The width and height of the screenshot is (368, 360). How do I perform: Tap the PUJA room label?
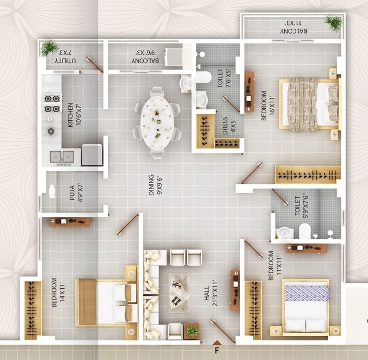pyautogui.click(x=76, y=193)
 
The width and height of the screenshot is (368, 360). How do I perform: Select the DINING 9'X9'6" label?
pyautogui.click(x=155, y=185)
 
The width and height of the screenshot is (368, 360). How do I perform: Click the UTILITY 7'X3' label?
pyautogui.click(x=65, y=57)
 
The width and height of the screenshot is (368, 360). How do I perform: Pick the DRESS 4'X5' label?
pyautogui.click(x=229, y=126)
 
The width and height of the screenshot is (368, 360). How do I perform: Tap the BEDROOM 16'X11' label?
pyautogui.click(x=268, y=105)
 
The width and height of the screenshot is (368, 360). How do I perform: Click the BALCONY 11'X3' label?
pyautogui.click(x=294, y=27)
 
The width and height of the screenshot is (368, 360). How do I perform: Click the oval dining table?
pyautogui.click(x=157, y=122)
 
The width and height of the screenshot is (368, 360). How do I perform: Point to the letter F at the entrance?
pyautogui.click(x=217, y=351)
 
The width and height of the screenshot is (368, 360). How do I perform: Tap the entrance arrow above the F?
pyautogui.click(x=217, y=343)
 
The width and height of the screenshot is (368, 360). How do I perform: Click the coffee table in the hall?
pyautogui.click(x=179, y=293)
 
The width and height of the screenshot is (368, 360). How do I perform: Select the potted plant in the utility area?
pyautogui.click(x=49, y=47)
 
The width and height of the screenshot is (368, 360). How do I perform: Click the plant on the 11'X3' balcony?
pyautogui.click(x=334, y=22)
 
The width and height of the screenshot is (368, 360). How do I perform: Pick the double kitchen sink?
pyautogui.click(x=62, y=157)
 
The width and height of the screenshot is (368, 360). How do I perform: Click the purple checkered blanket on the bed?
pyautogui.click(x=306, y=293)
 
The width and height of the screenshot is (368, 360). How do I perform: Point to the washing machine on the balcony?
pyautogui.click(x=174, y=57)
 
